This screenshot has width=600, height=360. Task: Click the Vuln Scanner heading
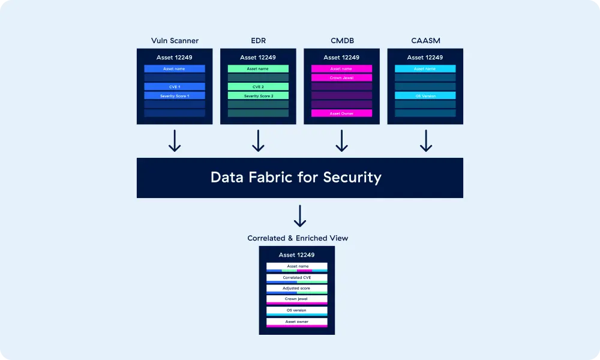pos(175,41)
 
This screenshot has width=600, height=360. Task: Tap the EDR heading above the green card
pos(258,41)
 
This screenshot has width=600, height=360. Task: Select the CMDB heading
pos(341,41)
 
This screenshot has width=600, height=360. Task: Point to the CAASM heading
pos(425,41)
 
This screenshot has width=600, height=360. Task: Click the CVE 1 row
pos(175,86)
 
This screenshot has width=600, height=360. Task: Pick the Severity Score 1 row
pos(175,95)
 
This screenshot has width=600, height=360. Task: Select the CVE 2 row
pos(258,86)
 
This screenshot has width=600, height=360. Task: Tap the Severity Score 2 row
pos(258,95)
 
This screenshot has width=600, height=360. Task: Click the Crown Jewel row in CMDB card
pos(341,77)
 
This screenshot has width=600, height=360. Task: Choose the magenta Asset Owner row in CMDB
pos(341,113)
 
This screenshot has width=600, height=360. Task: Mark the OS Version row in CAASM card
pos(425,95)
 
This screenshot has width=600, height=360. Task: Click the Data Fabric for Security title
pos(296,178)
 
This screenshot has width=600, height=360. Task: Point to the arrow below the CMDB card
pos(341,141)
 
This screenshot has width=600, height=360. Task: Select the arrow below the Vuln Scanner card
pos(175,141)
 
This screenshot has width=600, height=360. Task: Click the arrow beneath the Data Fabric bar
pos(300,216)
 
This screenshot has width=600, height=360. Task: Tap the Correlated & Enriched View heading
pos(298,238)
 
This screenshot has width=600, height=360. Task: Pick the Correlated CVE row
pos(297,278)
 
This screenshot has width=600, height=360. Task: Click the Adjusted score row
pos(297,289)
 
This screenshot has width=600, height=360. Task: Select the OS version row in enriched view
pos(297,310)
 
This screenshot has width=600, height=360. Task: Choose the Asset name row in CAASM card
pos(425,68)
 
